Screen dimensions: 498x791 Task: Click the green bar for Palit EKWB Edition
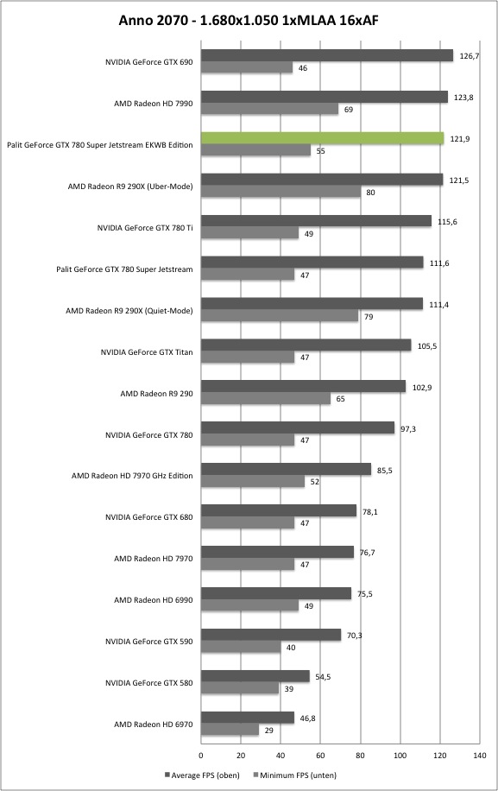tap(323, 138)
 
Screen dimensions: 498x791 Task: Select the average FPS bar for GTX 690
tap(327, 55)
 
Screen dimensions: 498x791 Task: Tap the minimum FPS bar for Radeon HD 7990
tap(269, 109)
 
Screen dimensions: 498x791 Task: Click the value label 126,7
tap(470, 56)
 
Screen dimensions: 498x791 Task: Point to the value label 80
tap(370, 193)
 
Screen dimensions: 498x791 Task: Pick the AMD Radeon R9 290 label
tap(156, 394)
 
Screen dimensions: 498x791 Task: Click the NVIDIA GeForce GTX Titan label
tap(147, 352)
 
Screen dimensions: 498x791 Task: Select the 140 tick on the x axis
tap(479, 756)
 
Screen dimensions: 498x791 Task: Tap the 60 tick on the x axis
tap(320, 756)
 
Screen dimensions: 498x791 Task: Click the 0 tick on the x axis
tap(201, 756)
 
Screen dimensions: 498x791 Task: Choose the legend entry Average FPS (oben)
tap(202, 775)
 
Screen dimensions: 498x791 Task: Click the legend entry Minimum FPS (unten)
tap(295, 775)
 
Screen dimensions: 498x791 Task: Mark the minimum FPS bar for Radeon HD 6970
tap(230, 730)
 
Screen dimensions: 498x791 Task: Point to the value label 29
tap(268, 730)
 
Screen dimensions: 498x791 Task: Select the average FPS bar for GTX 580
tap(255, 676)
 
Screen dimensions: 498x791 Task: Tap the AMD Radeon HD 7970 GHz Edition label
tap(132, 476)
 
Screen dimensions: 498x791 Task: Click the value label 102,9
tap(422, 388)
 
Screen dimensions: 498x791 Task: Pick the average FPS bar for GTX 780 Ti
tap(316, 221)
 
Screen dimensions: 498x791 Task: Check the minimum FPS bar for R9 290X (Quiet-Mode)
tap(280, 316)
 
